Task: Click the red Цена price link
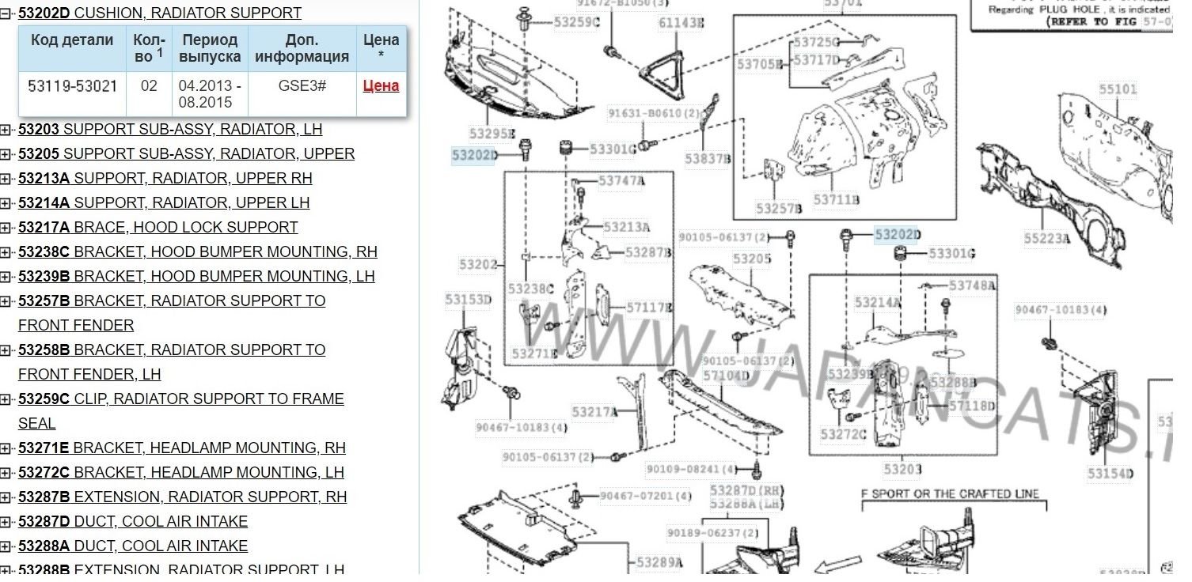click(381, 86)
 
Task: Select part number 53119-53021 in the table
click(72, 86)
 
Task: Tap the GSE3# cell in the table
click(302, 86)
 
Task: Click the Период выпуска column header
click(210, 48)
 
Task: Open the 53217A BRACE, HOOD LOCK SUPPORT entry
click(158, 227)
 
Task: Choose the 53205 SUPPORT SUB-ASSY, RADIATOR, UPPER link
click(186, 153)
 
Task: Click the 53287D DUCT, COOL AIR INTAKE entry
click(133, 521)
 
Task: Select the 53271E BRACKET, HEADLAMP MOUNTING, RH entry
click(181, 448)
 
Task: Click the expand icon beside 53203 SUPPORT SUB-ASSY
click(6, 130)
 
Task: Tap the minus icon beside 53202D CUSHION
click(6, 13)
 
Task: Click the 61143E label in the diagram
click(681, 23)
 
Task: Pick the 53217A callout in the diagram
click(594, 412)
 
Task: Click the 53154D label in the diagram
click(1110, 474)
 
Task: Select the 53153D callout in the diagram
click(468, 299)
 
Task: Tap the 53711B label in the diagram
click(836, 200)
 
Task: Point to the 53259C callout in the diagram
click(576, 22)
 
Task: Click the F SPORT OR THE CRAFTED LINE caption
click(950, 494)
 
